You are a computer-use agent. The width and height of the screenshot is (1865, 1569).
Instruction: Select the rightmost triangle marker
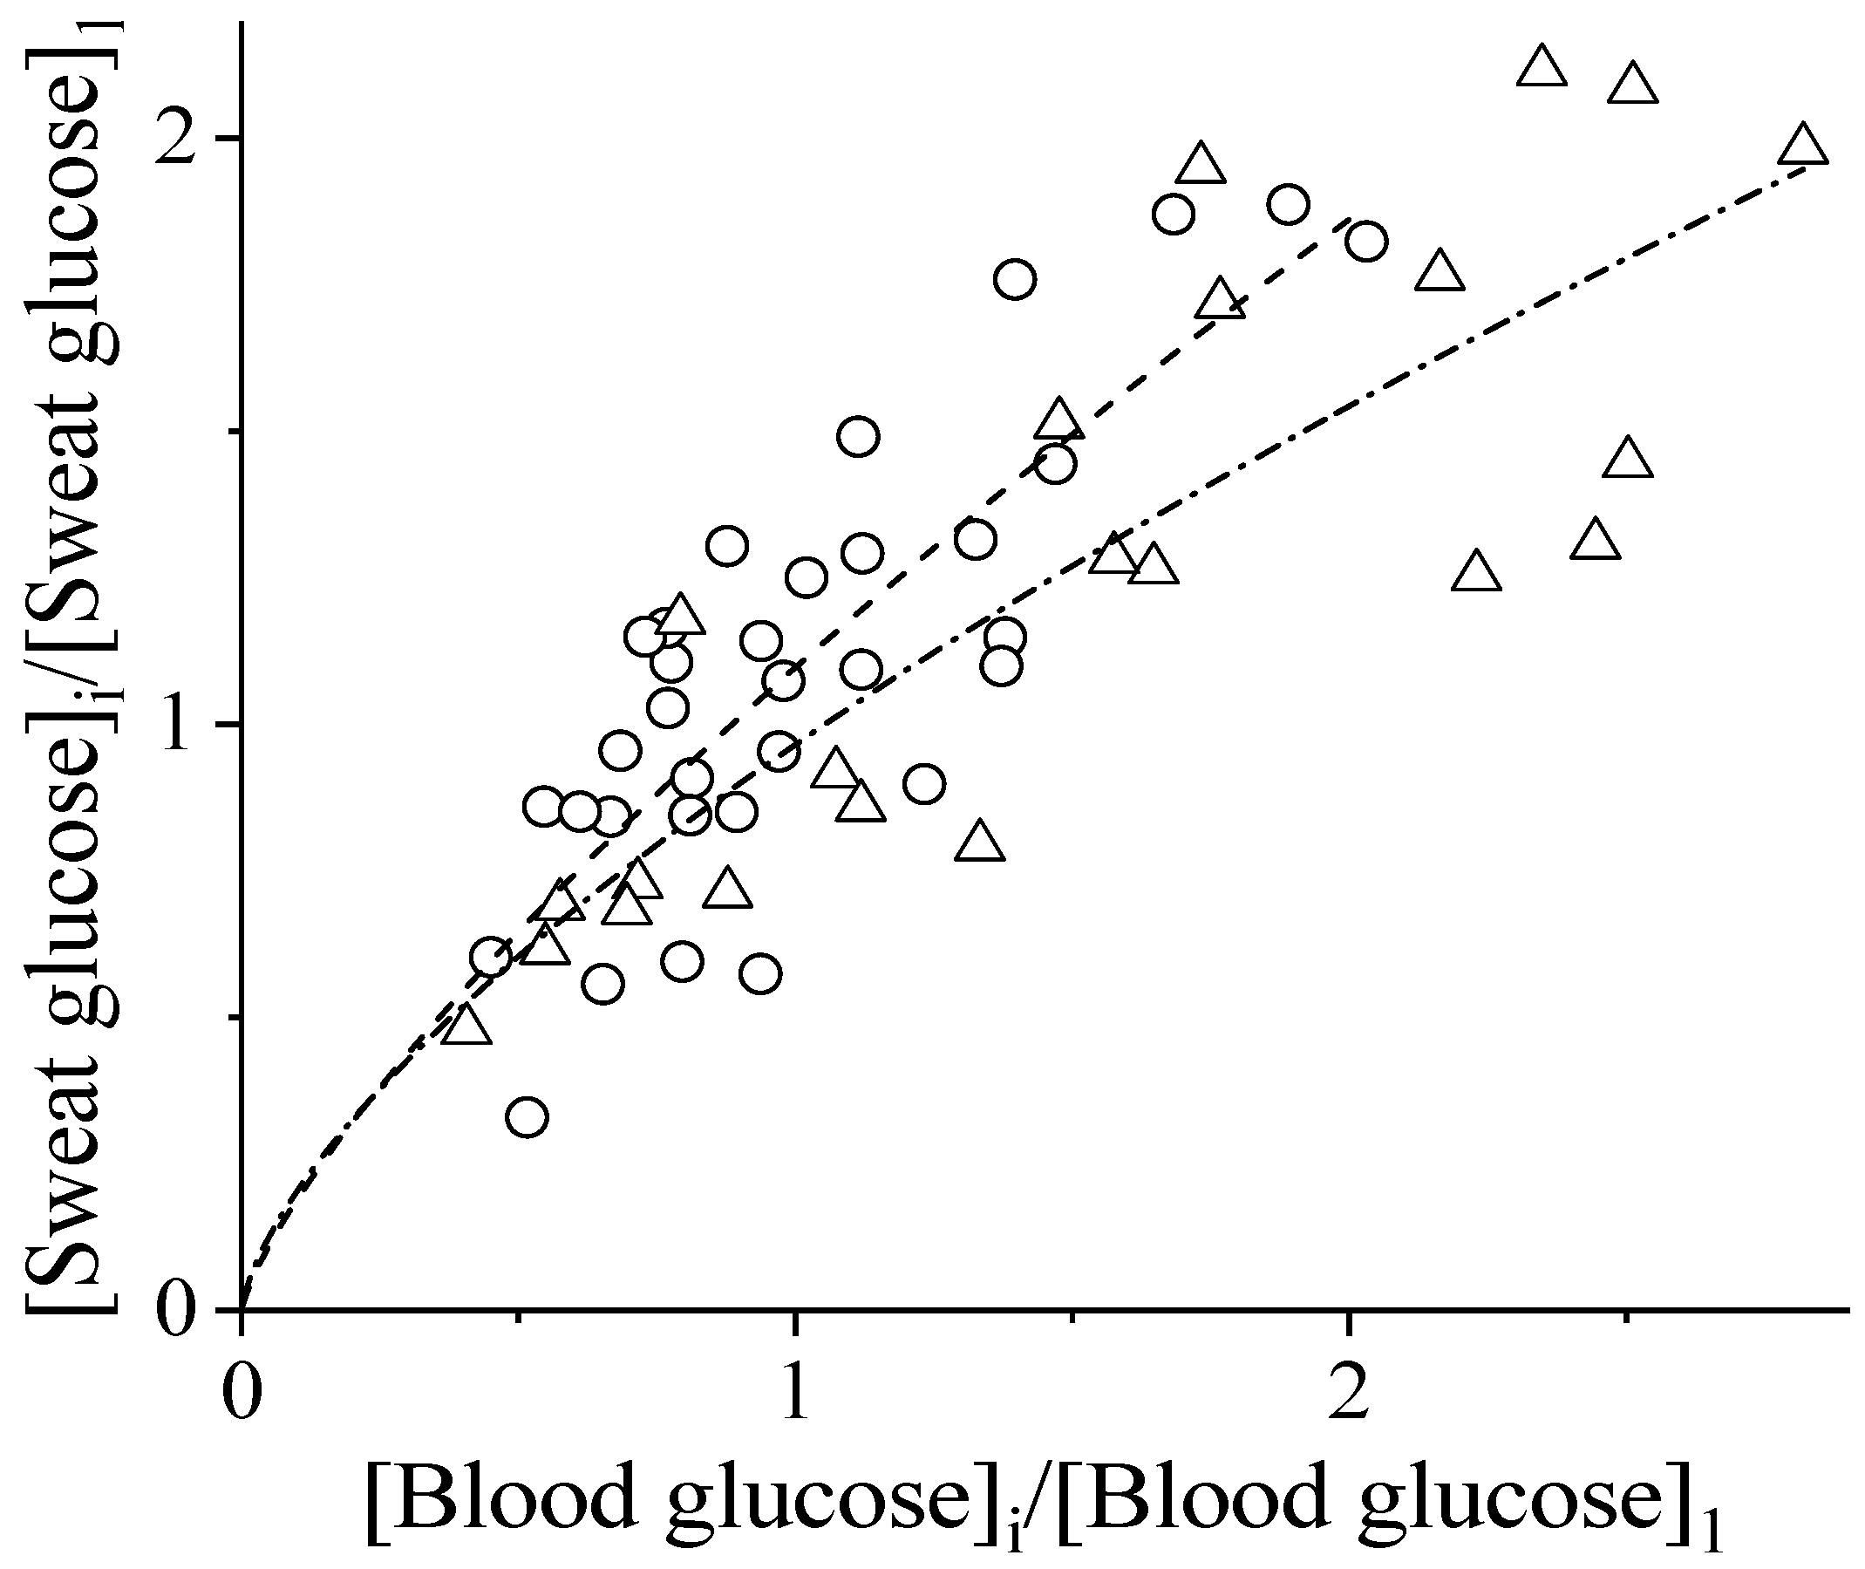(1803, 147)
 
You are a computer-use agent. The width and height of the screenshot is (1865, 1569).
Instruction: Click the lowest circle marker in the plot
(527, 1116)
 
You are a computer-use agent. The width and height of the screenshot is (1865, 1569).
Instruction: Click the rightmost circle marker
(1366, 241)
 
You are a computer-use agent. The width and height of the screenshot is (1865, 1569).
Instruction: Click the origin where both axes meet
(242, 1310)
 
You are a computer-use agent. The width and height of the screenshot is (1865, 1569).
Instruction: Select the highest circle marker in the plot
(1288, 205)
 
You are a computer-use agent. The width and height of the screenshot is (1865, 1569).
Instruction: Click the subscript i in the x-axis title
(1016, 1531)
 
